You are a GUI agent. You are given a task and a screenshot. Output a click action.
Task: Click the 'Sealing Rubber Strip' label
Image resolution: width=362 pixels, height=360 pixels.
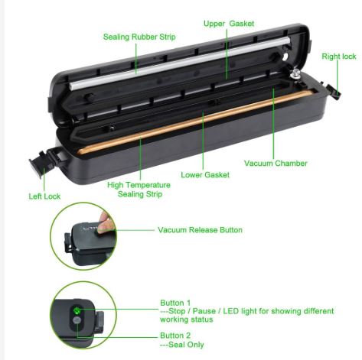click(x=139, y=37)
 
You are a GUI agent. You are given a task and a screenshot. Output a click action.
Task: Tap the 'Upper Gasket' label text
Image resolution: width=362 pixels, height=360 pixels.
click(x=229, y=24)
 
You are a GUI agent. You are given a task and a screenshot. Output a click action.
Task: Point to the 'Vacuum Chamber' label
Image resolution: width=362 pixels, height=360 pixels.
click(x=276, y=163)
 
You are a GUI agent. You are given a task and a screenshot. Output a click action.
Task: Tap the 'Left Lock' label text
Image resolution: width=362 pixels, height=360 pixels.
click(x=45, y=196)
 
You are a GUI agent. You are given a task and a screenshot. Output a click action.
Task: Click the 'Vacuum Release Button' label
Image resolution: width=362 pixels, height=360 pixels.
click(x=201, y=229)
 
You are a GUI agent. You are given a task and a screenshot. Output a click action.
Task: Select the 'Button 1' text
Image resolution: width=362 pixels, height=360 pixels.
click(x=175, y=302)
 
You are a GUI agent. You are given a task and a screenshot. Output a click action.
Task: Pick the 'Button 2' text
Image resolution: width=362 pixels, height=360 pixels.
click(x=175, y=335)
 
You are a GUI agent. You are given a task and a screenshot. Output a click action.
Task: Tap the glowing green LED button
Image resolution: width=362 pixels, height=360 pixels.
click(x=77, y=310)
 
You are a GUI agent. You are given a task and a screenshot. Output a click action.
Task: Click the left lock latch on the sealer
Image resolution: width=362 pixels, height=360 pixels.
click(x=38, y=165)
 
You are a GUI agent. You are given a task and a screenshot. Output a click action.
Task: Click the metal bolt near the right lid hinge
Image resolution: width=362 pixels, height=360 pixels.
click(x=294, y=74)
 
